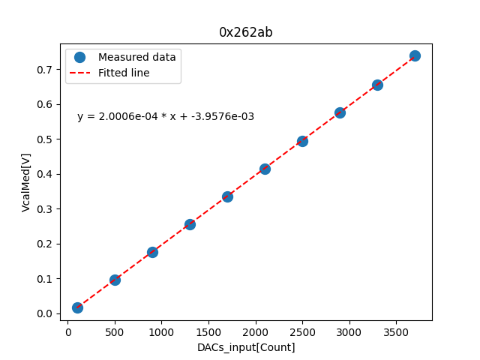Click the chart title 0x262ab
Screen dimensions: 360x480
[x=245, y=32]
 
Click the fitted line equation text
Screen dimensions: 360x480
[x=166, y=116]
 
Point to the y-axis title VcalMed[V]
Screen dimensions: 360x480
[x=26, y=182]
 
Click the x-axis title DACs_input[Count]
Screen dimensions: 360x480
[x=246, y=347]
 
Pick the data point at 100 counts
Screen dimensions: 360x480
[x=77, y=307]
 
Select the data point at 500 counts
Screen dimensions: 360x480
[x=115, y=280]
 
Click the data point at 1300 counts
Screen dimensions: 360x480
[x=190, y=224]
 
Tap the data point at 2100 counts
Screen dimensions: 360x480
[x=265, y=169]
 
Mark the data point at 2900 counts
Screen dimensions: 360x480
[x=340, y=112]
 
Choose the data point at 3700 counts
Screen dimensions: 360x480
[x=415, y=55]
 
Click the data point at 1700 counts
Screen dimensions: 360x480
[x=227, y=196]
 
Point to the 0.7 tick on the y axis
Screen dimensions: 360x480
[x=46, y=70]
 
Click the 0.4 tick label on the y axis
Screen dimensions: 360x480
[x=46, y=174]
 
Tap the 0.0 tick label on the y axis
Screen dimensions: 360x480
[x=46, y=313]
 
